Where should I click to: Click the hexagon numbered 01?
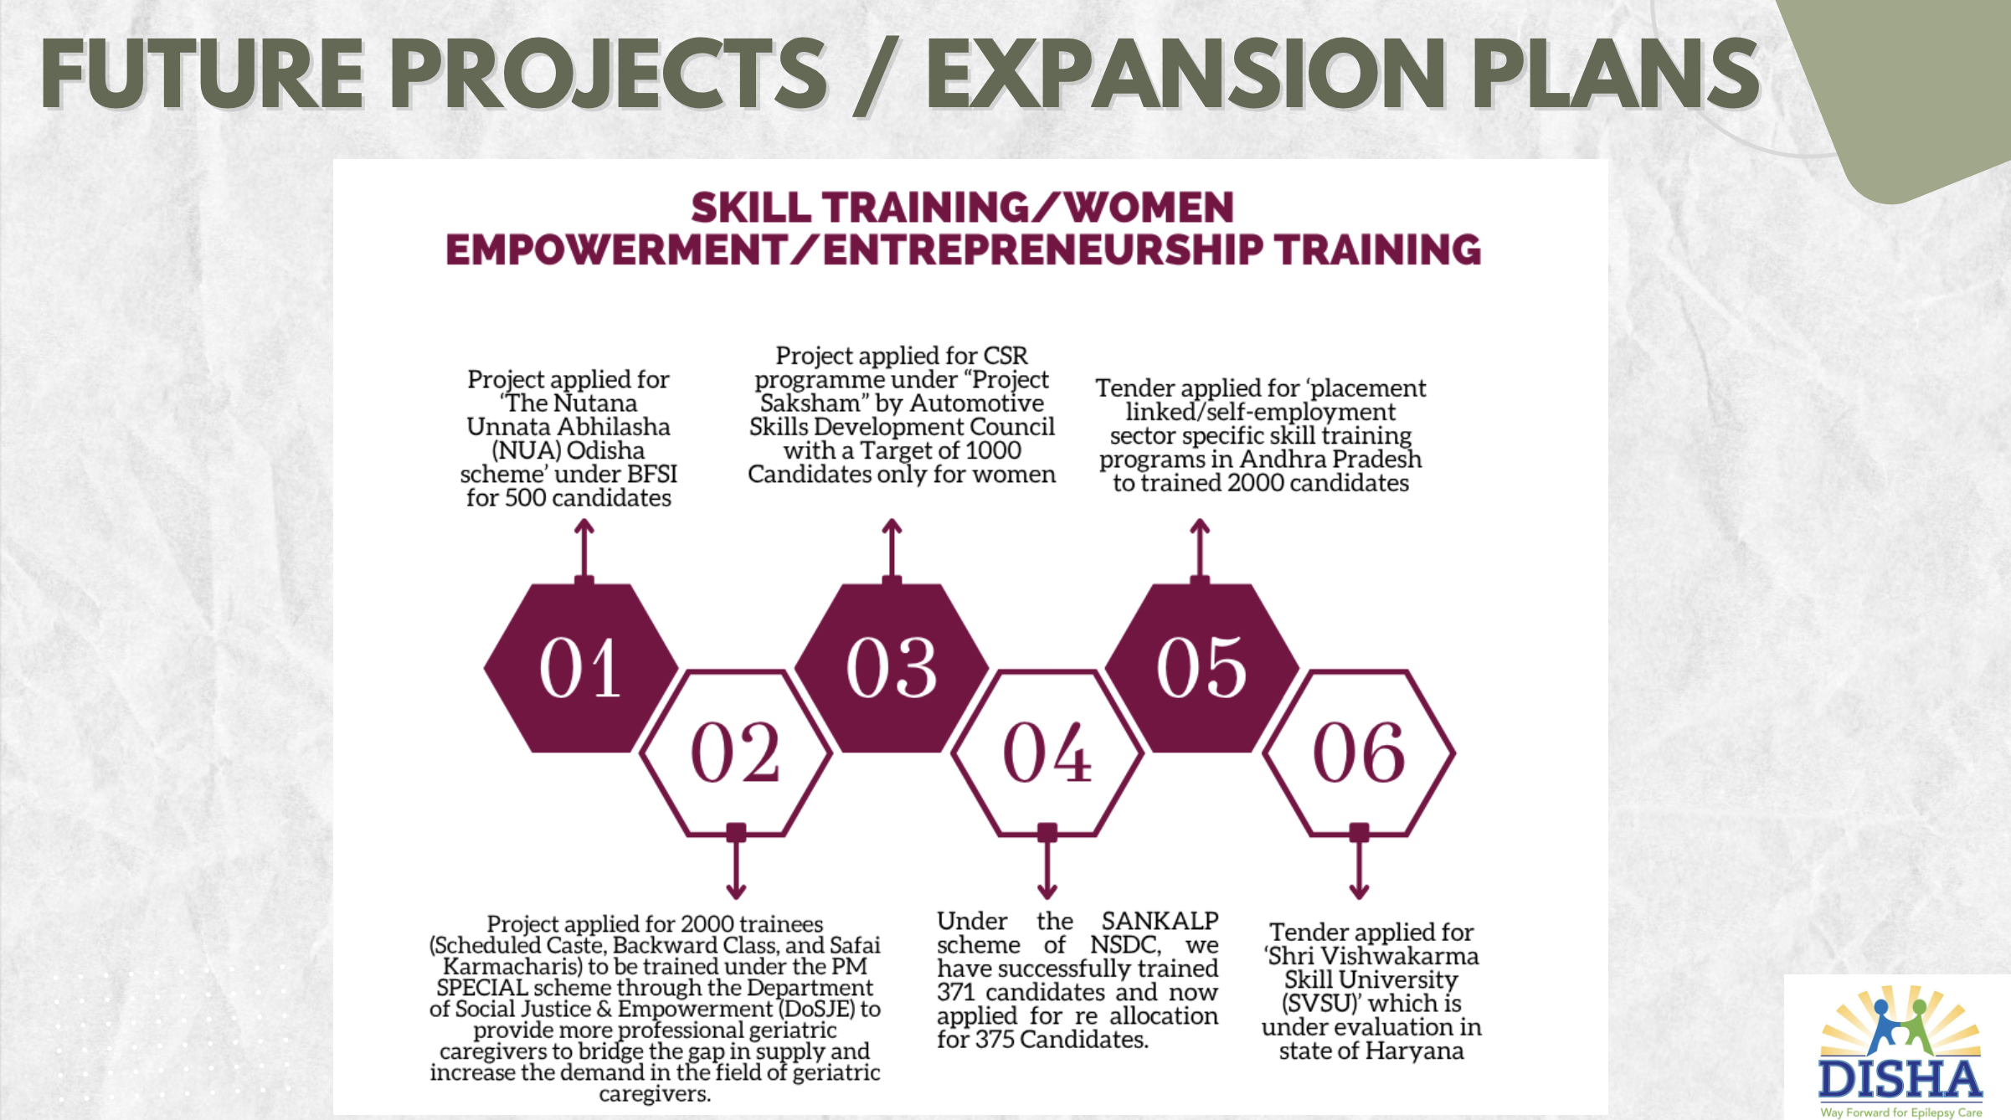(581, 668)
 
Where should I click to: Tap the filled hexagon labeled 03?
(892, 668)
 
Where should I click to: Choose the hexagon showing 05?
(1202, 668)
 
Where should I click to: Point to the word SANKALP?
(1160, 921)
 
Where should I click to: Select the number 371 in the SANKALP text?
(956, 993)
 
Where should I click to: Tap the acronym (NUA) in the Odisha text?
(526, 450)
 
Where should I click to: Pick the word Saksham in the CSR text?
(810, 403)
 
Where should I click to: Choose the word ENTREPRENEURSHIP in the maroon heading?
(1043, 250)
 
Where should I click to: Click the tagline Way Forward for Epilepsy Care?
(1901, 1112)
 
